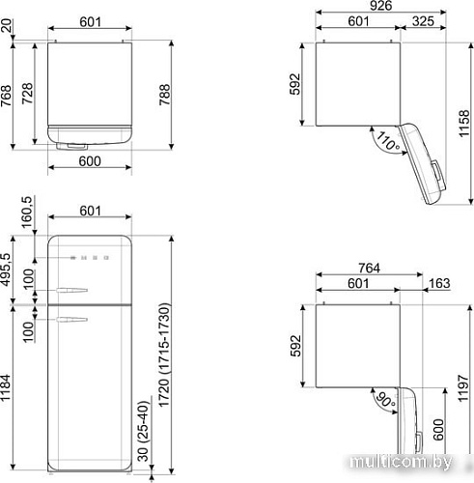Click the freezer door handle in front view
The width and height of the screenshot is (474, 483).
73,289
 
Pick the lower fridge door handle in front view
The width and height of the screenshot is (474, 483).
73,317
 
